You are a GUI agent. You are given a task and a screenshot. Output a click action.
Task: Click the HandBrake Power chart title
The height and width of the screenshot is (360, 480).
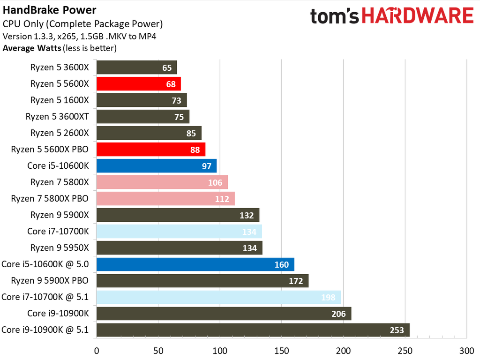pos(50,10)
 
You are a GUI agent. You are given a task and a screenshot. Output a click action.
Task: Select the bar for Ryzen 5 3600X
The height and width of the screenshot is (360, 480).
pos(136,67)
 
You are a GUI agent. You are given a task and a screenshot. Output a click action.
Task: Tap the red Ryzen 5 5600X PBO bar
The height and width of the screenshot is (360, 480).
pos(150,150)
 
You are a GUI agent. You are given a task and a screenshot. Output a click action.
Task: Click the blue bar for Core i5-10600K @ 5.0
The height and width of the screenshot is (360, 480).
pos(195,264)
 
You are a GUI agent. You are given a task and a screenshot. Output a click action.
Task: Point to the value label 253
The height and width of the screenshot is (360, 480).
pos(397,330)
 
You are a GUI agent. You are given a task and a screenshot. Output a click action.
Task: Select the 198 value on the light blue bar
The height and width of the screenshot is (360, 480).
pos(328,297)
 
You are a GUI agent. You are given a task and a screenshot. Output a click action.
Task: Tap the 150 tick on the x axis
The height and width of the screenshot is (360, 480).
pos(282,351)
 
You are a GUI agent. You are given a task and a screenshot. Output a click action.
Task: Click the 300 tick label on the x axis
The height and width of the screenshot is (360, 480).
pos(466,351)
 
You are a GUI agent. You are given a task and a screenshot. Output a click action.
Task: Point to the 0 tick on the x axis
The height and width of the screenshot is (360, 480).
pos(97,351)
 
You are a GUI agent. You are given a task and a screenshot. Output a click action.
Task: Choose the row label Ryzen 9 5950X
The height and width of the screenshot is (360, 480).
pos(60,248)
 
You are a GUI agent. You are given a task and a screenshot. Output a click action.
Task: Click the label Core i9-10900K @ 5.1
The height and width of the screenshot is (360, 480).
pos(45,330)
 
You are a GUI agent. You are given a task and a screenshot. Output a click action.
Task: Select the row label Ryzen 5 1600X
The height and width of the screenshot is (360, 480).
pos(60,100)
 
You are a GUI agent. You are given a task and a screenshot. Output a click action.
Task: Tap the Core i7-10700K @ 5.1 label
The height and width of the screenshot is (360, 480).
pos(45,297)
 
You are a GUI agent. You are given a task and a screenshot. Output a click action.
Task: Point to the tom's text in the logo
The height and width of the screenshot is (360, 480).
pos(334,17)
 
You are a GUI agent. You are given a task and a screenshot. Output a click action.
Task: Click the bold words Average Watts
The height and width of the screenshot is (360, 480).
pos(32,47)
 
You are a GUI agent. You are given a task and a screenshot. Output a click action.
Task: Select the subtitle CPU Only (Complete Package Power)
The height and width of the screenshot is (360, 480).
pos(82,23)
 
